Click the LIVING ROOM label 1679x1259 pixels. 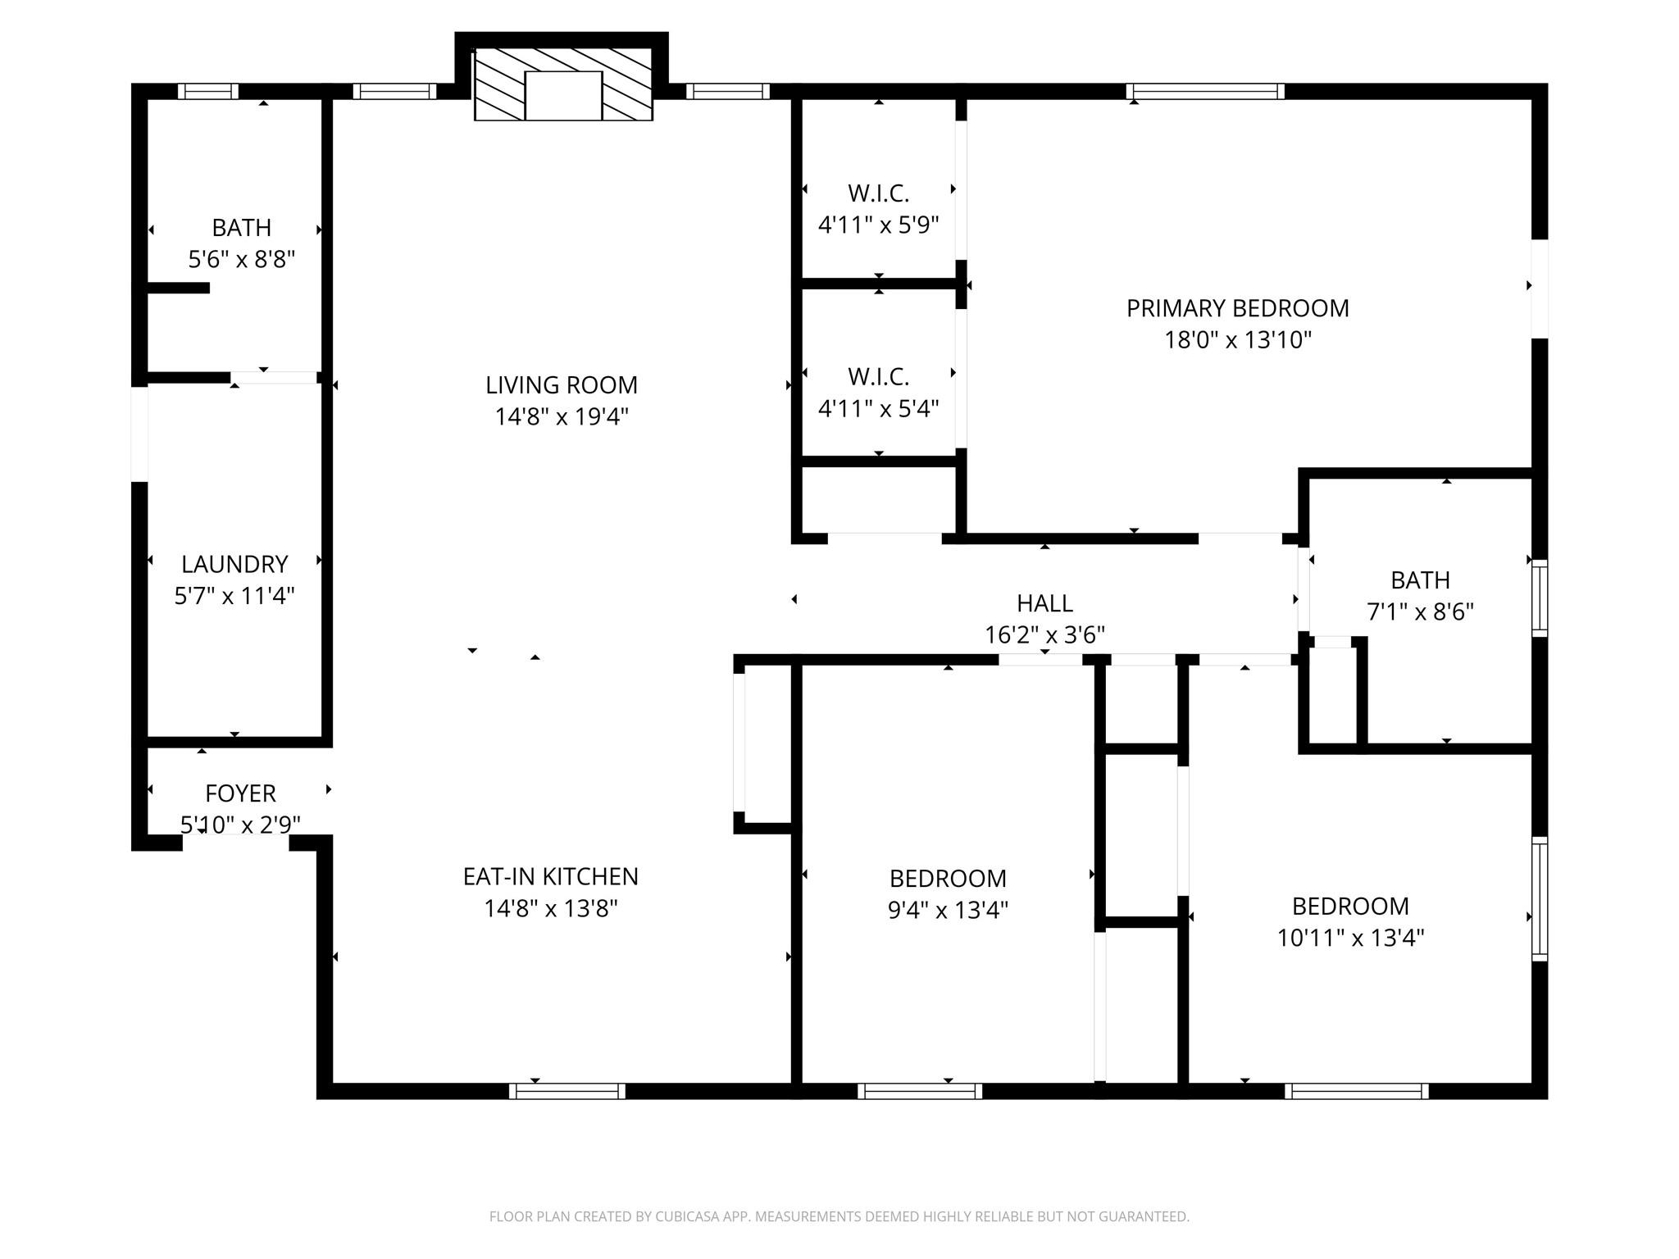click(x=562, y=385)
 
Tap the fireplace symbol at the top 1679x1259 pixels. click(x=563, y=84)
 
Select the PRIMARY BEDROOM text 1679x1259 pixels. click(x=1238, y=308)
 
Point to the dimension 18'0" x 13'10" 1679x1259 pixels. click(x=1238, y=340)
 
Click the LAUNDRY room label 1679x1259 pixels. click(x=234, y=564)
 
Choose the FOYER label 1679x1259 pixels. click(x=240, y=793)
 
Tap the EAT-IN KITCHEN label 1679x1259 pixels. click(x=551, y=877)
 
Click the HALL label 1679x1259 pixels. click(x=1044, y=603)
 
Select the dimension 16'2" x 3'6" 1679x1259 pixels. click(x=1044, y=635)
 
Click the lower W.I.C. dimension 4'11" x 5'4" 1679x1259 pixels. click(x=879, y=408)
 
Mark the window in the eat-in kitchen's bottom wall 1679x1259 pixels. click(x=567, y=1091)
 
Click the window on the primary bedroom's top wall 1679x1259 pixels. click(x=1205, y=91)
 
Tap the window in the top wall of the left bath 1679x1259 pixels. click(x=208, y=91)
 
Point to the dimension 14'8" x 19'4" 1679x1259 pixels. click(x=562, y=417)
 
